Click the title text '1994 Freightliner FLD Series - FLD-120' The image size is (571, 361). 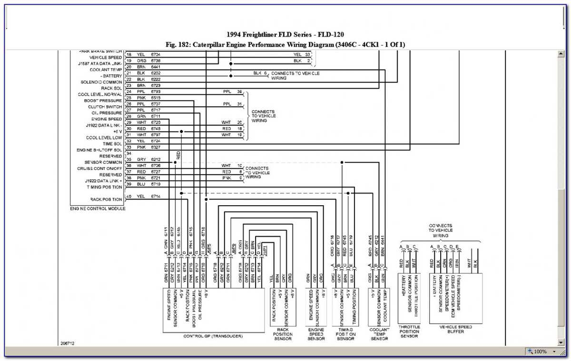tap(285, 35)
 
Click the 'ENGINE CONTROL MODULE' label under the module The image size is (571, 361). tap(98, 209)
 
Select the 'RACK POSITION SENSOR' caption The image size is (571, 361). tap(283, 334)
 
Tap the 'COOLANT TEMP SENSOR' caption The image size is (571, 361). tap(379, 334)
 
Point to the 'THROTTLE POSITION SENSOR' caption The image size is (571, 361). tap(409, 331)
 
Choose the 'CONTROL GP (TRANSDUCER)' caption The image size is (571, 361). tap(213, 336)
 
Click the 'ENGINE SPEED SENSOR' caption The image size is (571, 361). tap(316, 334)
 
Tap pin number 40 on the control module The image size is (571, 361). tap(128, 196)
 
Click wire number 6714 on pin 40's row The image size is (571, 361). tap(156, 196)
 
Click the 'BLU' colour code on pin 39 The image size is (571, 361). tap(141, 184)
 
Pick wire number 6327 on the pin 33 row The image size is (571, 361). tap(156, 147)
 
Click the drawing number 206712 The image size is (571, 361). tap(68, 343)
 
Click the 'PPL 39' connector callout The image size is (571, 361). tap(233, 91)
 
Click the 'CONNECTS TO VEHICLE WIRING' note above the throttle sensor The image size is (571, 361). tap(440, 231)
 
